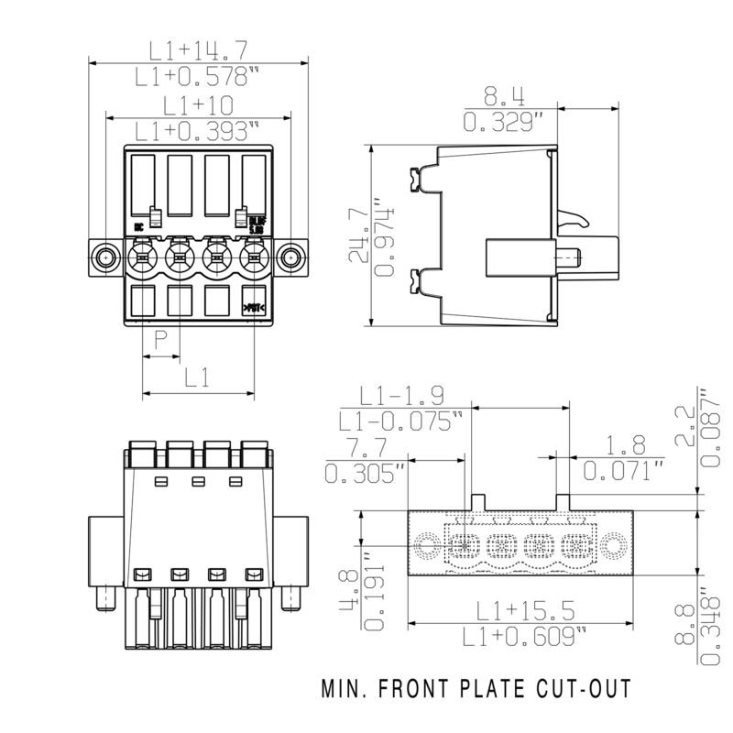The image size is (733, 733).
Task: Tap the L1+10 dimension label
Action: pyautogui.click(x=199, y=104)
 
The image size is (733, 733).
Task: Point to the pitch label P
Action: pyautogui.click(x=160, y=342)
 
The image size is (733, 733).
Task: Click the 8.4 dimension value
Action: pyautogui.click(x=505, y=94)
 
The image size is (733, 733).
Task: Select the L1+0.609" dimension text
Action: pyautogui.click(x=525, y=636)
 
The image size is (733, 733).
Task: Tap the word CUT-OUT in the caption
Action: pyautogui.click(x=582, y=687)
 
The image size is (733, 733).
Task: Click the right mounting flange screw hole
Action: pyautogui.click(x=290, y=257)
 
